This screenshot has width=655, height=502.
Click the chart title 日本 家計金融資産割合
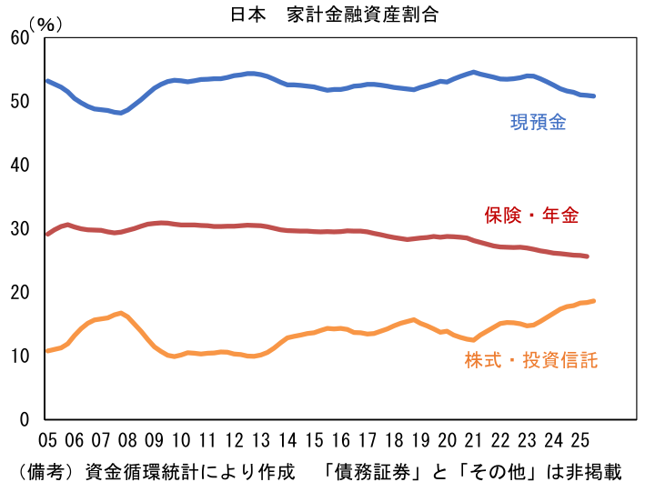tap(328, 15)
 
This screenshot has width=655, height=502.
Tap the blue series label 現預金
tap(538, 123)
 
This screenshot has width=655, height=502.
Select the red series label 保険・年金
tap(530, 216)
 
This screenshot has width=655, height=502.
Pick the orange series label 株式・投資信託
tap(530, 361)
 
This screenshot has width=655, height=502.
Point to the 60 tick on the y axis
tap(19, 37)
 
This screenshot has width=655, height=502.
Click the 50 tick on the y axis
tap(19, 101)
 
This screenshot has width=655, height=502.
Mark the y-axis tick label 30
tap(19, 228)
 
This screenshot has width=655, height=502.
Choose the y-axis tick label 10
tap(19, 356)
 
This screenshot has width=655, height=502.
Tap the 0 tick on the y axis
tap(24, 419)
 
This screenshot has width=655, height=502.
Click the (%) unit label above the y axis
tap(45, 25)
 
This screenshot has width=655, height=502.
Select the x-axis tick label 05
tap(47, 441)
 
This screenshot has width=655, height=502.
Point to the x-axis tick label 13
tap(260, 441)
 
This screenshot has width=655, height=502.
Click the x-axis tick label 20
tap(446, 441)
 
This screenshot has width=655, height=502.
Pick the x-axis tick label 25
tap(579, 441)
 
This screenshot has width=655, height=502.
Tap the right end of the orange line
tap(593, 301)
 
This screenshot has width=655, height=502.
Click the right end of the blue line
tap(593, 95)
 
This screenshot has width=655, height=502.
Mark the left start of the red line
tap(47, 234)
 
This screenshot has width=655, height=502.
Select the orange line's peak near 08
tap(121, 313)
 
